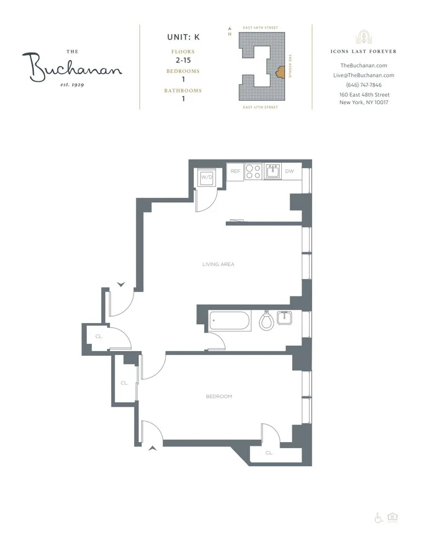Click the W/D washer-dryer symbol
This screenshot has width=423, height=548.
[207, 177]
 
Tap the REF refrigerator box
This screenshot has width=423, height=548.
[235, 172]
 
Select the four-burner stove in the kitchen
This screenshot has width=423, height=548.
[253, 172]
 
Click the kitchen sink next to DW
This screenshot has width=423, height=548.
[273, 172]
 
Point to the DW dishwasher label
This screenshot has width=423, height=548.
[290, 172]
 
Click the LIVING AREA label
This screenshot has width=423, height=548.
[218, 264]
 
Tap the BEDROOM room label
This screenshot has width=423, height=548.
[219, 397]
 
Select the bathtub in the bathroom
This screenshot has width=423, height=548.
[229, 320]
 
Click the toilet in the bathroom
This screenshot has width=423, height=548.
[266, 320]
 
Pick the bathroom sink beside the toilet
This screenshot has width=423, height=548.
[284, 318]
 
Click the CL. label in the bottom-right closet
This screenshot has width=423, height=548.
[269, 453]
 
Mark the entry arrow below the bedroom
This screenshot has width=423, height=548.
[153, 448]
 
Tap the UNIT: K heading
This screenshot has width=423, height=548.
[183, 38]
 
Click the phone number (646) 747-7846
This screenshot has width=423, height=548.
[363, 85]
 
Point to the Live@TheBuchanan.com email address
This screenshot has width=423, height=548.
[363, 75]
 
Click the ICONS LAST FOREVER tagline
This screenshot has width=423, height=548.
[363, 52]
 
